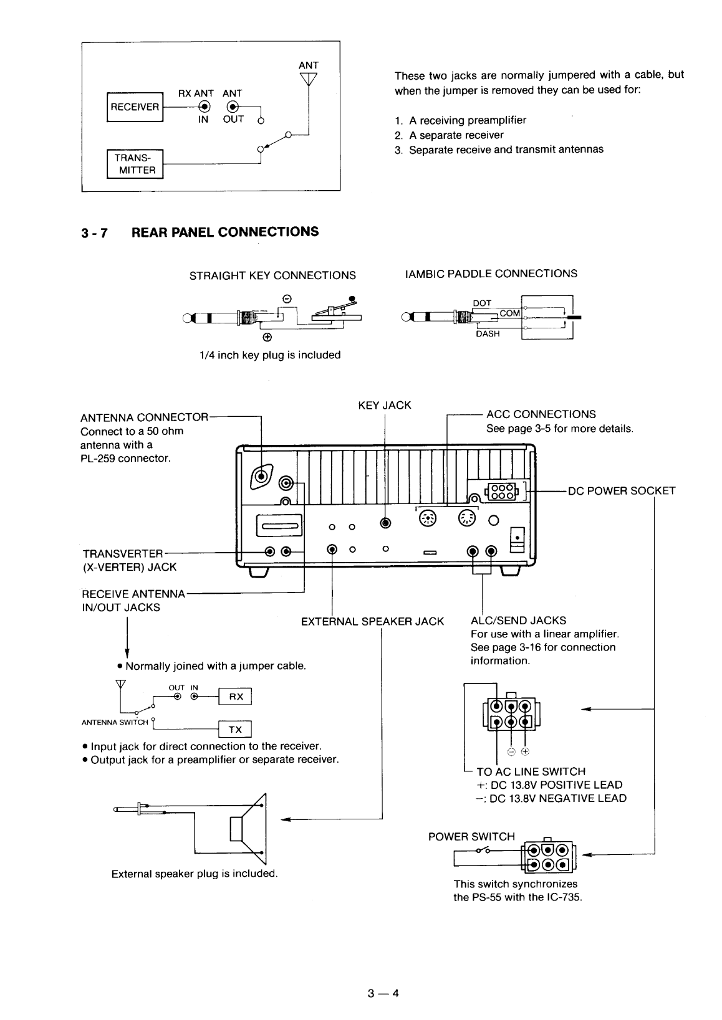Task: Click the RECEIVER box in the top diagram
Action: coord(135,107)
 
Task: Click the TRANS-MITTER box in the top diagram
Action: coord(135,164)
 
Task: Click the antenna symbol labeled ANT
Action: coord(309,79)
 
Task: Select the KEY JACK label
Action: coord(384,405)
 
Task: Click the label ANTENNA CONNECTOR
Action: coord(144,417)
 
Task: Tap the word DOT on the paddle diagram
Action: coord(483,303)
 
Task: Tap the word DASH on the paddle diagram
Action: coord(488,333)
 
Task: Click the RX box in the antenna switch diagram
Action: coord(236,697)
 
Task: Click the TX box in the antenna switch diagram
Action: coord(235,729)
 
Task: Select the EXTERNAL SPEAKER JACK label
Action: coord(372,621)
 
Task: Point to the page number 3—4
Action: coord(383,993)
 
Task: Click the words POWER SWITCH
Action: coord(471,836)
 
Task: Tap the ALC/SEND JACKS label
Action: coord(518,620)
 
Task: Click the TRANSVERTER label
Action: coord(122,554)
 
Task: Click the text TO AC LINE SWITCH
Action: coord(531,771)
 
